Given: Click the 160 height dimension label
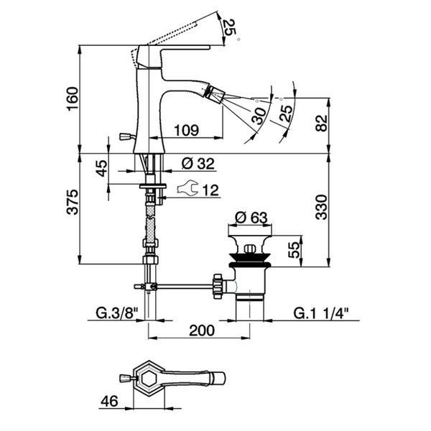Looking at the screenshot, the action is pyautogui.click(x=73, y=98).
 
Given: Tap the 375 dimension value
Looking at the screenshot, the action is pyautogui.click(x=73, y=202).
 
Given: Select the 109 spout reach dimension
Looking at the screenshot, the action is pyautogui.click(x=186, y=130).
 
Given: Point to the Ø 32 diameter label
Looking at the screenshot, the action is pyautogui.click(x=198, y=164).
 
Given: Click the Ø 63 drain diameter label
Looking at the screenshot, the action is pyautogui.click(x=251, y=218).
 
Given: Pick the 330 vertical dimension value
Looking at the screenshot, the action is pyautogui.click(x=321, y=207).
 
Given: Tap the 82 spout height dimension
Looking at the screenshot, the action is pyautogui.click(x=321, y=123).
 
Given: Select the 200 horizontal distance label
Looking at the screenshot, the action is pyautogui.click(x=201, y=330).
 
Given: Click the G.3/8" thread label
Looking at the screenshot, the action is pyautogui.click(x=116, y=313).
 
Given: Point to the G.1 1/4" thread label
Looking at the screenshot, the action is pyautogui.click(x=321, y=313).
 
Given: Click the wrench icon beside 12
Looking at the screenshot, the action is pyautogui.click(x=187, y=188).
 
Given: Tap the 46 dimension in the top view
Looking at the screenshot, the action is pyautogui.click(x=109, y=401).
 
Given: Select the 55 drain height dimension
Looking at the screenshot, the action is pyautogui.click(x=294, y=249).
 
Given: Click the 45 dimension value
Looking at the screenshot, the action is pyautogui.click(x=101, y=168).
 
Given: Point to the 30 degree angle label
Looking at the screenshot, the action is pyautogui.click(x=259, y=116).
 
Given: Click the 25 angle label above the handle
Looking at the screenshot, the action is pyautogui.click(x=229, y=27).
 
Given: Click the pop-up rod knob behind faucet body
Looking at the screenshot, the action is pyautogui.click(x=125, y=136).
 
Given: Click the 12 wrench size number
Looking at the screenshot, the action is pyautogui.click(x=210, y=190).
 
